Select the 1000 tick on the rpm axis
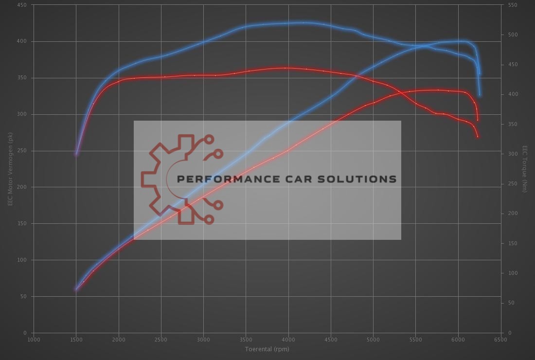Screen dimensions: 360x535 pos(34,340)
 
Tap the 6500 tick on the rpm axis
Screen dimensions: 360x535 pos(500,340)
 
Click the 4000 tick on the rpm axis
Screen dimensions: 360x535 pos(288,340)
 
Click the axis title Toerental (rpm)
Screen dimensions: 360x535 pos(267,349)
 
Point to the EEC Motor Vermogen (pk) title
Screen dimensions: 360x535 pos(10,169)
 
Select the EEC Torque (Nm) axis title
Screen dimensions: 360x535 pos(525,169)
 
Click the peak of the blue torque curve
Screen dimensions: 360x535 pos(303,22)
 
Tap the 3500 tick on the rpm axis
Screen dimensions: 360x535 pos(246,340)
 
